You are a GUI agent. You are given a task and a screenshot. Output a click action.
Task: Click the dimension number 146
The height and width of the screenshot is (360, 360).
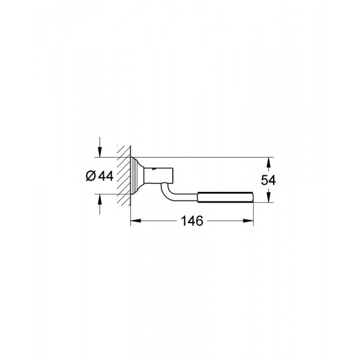click(x=191, y=220)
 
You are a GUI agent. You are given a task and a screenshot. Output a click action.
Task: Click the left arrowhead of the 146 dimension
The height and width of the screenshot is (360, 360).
click(x=134, y=220)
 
